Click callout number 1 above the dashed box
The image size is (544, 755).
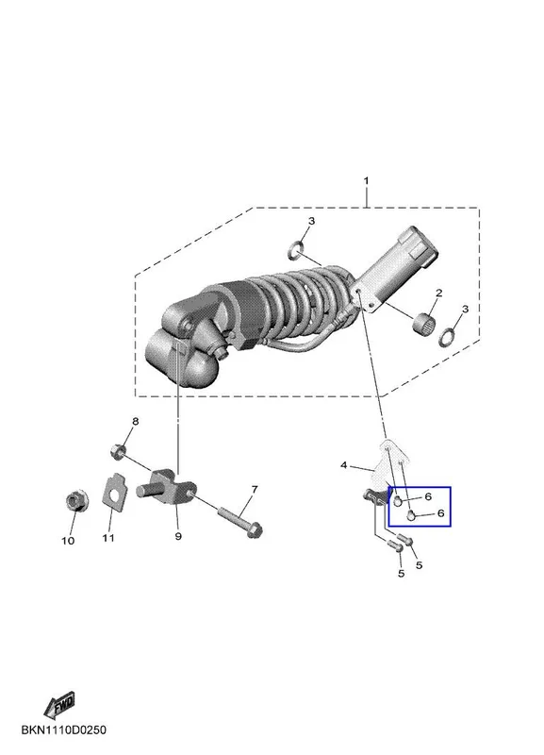(366, 181)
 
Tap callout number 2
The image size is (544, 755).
(439, 293)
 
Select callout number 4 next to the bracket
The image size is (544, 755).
(343, 465)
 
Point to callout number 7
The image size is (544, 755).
(255, 489)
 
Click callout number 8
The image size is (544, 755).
(135, 421)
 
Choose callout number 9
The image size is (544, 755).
(178, 536)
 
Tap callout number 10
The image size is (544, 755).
(68, 540)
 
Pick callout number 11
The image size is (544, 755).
(108, 537)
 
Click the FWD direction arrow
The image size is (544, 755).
(59, 705)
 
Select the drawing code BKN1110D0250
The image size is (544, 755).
(64, 730)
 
